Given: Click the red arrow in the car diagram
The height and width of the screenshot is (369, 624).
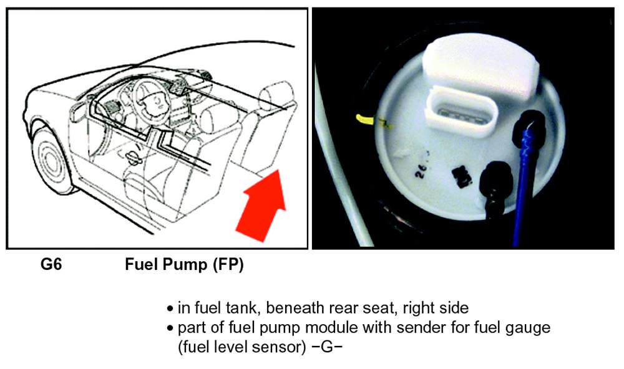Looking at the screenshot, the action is coord(263,208).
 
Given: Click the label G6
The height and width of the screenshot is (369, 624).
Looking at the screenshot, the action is coord(51,264).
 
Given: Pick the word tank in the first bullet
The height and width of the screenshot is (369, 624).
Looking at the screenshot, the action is coord(243,308).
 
